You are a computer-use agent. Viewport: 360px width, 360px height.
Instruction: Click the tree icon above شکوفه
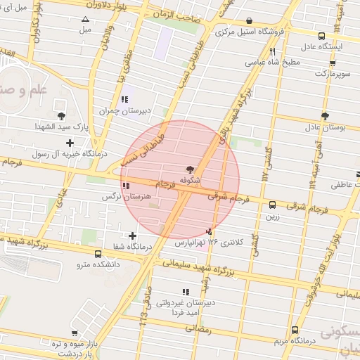pos(188,169)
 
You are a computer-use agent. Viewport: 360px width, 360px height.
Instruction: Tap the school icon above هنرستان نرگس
pos(126,186)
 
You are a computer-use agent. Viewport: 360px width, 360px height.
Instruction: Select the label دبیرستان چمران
pos(116,110)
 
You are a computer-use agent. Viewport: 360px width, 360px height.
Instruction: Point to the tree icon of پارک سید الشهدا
pos(61,115)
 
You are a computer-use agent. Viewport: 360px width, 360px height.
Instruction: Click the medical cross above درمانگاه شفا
pos(132,236)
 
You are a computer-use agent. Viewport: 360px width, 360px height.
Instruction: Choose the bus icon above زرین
pos(272,205)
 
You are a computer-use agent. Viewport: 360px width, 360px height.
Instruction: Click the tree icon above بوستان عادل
pos(324,116)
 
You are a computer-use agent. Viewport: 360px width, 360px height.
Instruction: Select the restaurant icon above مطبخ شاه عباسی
pos(272,51)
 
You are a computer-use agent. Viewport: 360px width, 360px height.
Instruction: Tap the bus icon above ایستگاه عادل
pos(321,36)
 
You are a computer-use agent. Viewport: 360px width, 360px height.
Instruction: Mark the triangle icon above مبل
pos(86,20)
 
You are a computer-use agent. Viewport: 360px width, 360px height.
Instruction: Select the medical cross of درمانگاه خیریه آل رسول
pos(70,143)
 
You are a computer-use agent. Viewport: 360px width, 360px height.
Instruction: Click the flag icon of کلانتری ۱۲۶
pos(208,231)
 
